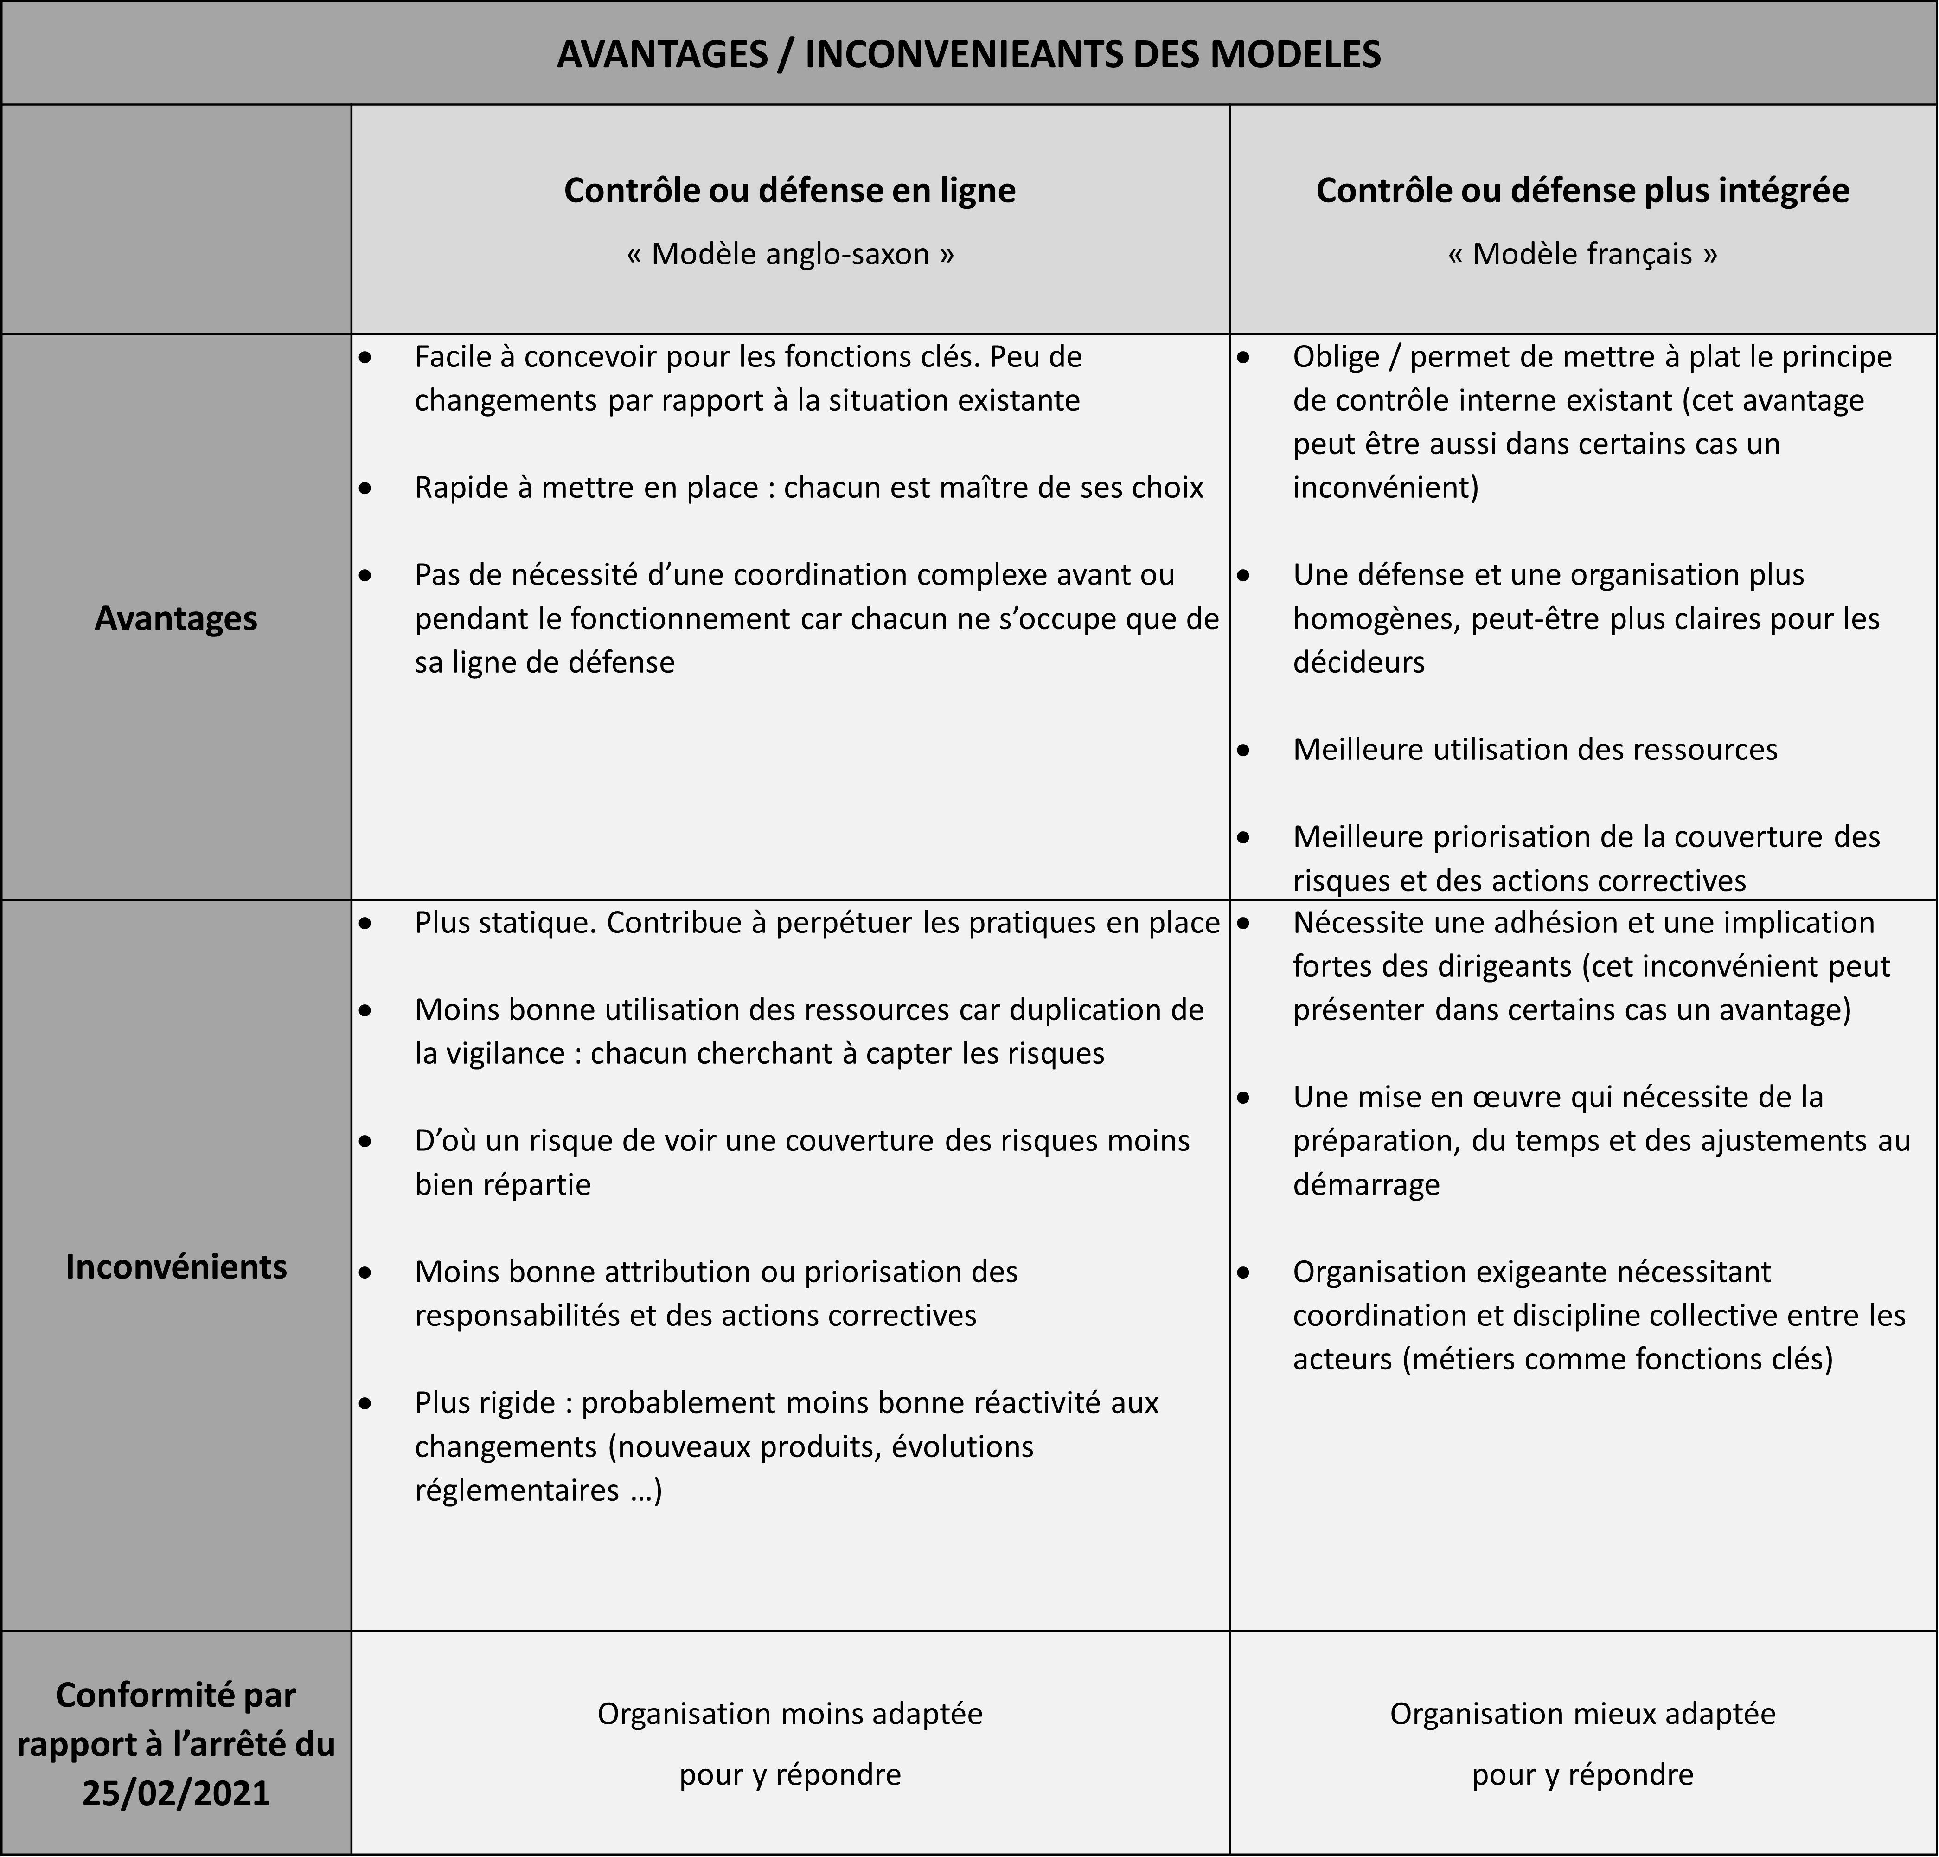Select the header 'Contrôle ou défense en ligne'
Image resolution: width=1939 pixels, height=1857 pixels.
tap(789, 190)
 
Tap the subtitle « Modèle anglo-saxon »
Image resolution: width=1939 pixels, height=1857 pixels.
tap(789, 254)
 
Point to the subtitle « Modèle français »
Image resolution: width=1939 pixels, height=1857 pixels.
tap(1582, 254)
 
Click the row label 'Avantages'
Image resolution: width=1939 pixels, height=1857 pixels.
tap(176, 618)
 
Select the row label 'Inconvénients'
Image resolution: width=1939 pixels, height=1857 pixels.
tap(176, 1266)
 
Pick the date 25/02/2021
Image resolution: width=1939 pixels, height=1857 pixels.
tap(176, 1793)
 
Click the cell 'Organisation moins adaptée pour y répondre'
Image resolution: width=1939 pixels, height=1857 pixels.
tap(789, 1743)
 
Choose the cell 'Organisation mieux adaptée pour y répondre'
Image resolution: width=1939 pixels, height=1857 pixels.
tap(1582, 1743)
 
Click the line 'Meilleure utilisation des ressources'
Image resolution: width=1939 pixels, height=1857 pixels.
tap(1535, 749)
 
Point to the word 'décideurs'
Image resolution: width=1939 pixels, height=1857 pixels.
tap(1358, 662)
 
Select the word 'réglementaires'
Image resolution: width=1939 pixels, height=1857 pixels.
tap(517, 1490)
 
